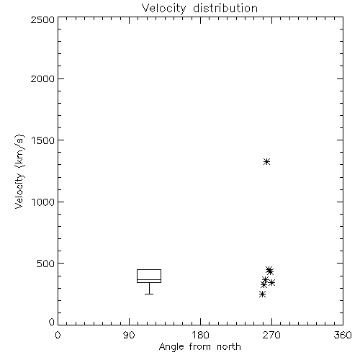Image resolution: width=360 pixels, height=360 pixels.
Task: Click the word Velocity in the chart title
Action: (x=164, y=9)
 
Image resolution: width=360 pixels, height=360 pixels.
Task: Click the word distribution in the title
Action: (x=225, y=8)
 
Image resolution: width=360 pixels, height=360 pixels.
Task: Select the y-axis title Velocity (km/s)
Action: (x=19, y=171)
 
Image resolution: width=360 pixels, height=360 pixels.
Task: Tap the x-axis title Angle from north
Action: (x=199, y=347)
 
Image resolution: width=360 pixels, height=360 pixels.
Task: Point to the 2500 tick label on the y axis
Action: (x=42, y=19)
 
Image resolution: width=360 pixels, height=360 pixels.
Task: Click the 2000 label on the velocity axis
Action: (x=42, y=78)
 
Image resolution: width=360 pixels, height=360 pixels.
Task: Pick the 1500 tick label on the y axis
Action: (x=43, y=140)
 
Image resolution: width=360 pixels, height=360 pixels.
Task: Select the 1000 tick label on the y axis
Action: (x=43, y=202)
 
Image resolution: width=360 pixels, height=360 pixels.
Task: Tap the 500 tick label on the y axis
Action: (x=46, y=264)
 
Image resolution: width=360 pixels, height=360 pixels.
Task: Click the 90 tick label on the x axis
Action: (x=129, y=335)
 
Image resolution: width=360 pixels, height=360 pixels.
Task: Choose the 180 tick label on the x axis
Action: (x=200, y=335)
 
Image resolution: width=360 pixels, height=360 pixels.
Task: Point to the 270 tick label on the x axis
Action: (x=271, y=335)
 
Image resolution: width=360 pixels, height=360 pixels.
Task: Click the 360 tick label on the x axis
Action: (x=343, y=335)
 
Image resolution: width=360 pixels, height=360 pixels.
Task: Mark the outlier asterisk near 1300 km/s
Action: (x=266, y=161)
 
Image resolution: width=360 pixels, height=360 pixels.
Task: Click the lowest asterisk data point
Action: (x=262, y=294)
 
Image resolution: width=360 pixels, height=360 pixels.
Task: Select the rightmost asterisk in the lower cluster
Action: (x=271, y=282)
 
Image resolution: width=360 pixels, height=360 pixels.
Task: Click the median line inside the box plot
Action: (x=149, y=279)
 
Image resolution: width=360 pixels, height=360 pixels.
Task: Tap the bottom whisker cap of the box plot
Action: (x=149, y=294)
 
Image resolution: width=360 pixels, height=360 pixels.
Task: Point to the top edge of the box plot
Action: (x=149, y=269)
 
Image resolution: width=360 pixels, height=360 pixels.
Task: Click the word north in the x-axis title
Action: (x=229, y=347)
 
